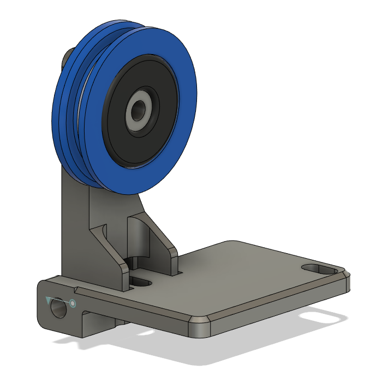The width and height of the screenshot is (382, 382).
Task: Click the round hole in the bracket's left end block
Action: [x=56, y=309]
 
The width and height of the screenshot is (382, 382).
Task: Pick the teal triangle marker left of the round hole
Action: [x=51, y=300]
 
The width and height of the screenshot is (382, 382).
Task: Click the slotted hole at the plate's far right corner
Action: [x=319, y=269]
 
